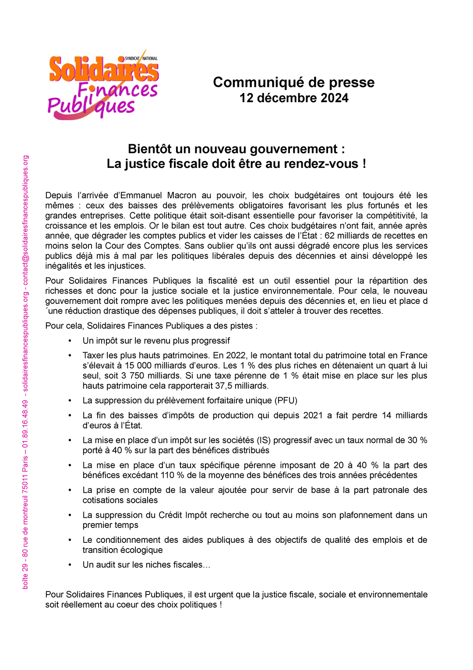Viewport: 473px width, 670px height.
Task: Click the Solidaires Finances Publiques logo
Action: [103, 84]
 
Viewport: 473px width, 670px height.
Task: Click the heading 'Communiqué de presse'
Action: [293, 82]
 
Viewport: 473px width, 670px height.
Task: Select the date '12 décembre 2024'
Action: [293, 98]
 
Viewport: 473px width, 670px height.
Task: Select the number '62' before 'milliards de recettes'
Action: [329, 236]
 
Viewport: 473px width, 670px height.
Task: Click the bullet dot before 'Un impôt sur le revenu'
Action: [70, 341]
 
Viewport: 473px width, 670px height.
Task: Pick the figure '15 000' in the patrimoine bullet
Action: [137, 366]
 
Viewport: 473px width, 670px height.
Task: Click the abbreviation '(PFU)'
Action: [286, 401]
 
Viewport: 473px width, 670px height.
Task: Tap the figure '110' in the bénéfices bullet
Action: [167, 475]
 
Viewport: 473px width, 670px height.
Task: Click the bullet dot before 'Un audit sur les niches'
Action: [70, 565]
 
